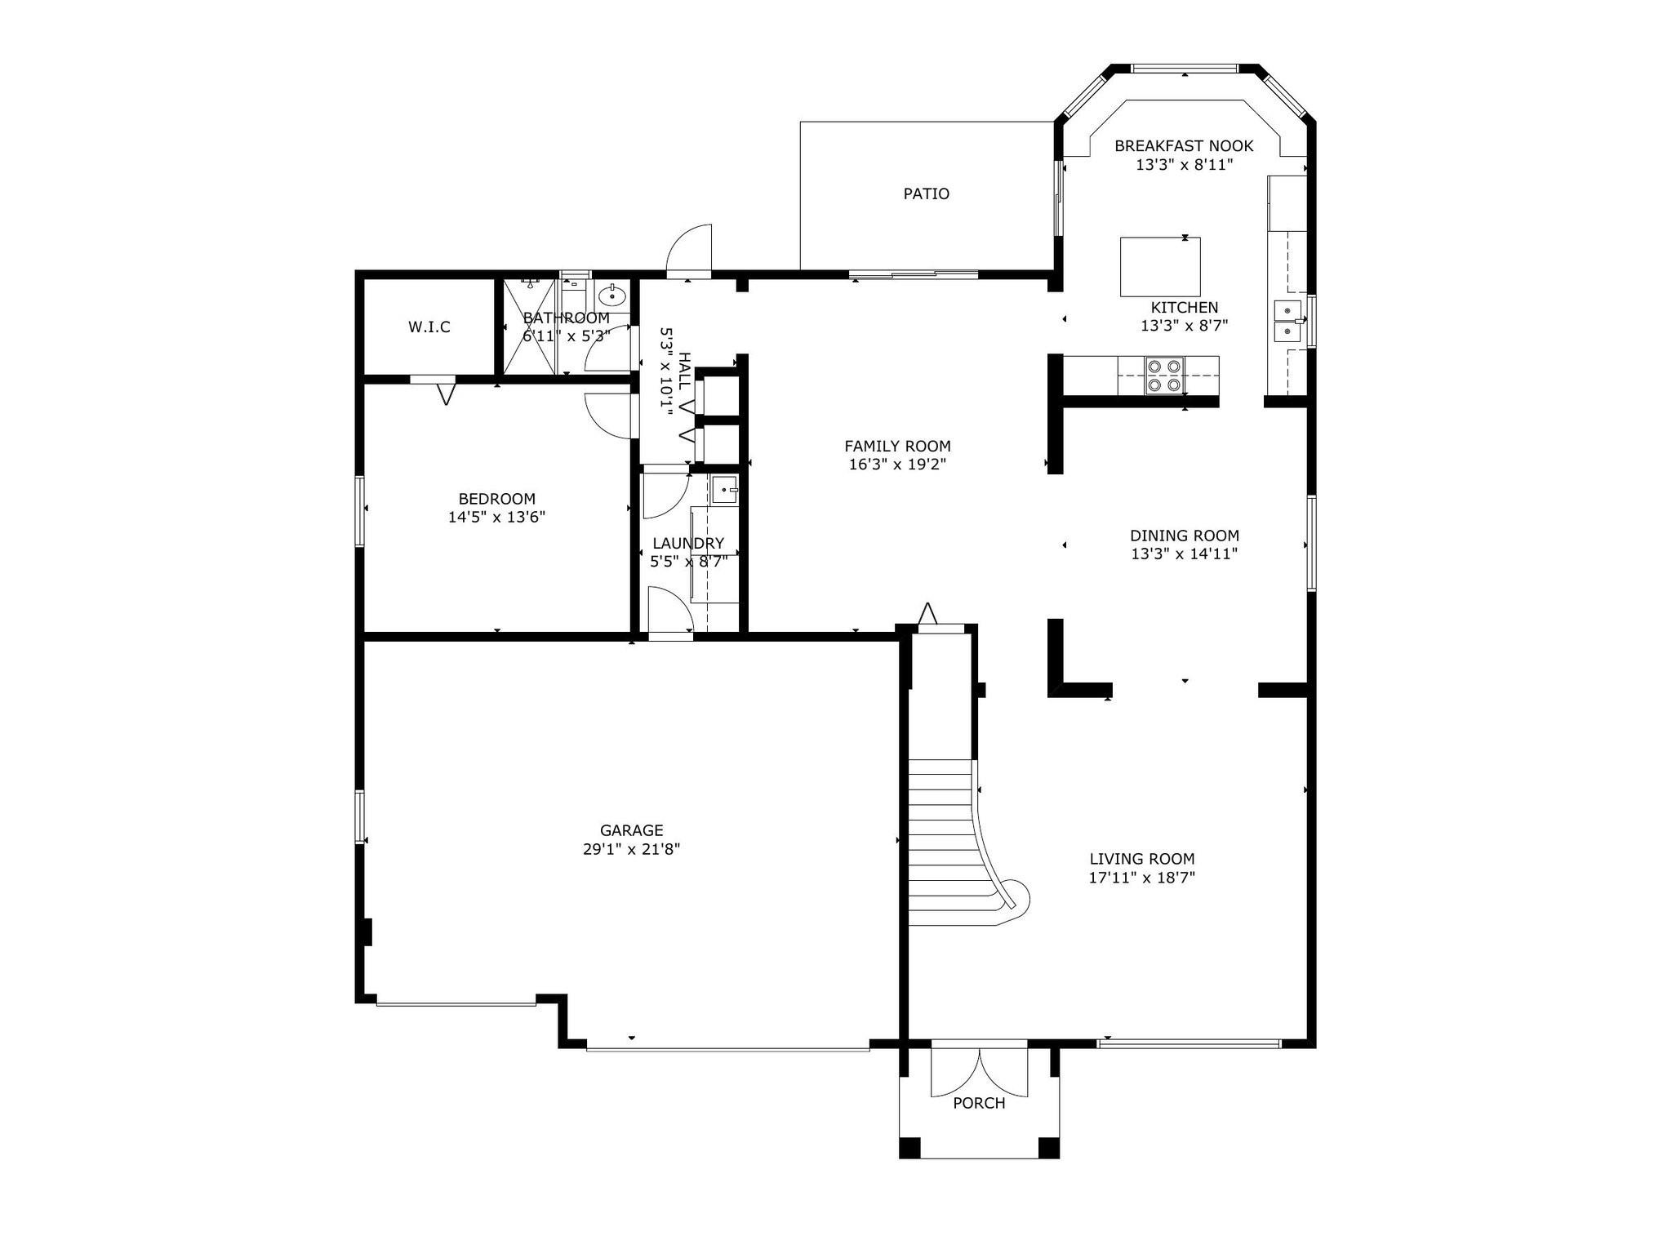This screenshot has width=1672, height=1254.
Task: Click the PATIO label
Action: point(926,194)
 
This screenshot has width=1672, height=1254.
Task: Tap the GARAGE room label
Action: point(631,831)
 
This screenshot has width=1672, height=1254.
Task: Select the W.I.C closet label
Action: point(429,327)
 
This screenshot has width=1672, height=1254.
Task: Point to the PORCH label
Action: point(979,1104)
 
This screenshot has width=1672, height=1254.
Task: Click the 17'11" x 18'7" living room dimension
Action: point(1141,878)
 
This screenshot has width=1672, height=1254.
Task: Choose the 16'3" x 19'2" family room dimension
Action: point(897,465)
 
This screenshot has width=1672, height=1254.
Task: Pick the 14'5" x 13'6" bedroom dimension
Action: point(496,517)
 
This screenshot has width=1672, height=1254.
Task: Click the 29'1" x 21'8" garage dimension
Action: point(631,849)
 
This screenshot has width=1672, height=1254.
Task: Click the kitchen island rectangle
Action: point(1160,267)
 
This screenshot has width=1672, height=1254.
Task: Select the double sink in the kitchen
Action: point(1287,321)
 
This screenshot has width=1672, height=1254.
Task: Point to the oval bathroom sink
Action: point(611,294)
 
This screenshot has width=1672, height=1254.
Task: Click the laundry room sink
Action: point(723,490)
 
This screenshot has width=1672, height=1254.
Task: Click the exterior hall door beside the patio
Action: point(690,250)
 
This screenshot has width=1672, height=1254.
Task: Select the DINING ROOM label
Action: point(1185,536)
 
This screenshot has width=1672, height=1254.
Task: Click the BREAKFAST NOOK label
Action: point(1184,146)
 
